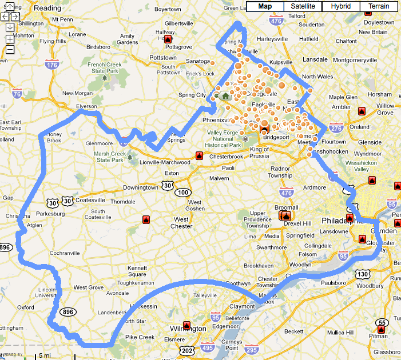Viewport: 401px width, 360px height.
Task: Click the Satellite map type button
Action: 302,6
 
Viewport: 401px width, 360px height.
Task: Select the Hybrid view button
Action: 340,6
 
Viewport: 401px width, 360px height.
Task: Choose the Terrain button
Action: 379,6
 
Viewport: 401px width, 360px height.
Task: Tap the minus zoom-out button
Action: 10,49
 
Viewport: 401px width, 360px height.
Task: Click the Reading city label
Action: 47,8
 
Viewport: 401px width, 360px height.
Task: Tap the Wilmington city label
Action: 188,329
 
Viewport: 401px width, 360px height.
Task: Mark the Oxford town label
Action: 25,307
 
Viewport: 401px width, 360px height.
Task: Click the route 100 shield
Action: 183,193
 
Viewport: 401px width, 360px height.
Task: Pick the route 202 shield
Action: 186,350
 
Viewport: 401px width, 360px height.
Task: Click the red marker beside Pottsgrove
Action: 168,40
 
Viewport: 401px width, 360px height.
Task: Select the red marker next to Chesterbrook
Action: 199,155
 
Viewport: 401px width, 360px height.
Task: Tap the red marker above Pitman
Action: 382,330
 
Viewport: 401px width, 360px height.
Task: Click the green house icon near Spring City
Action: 225,96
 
